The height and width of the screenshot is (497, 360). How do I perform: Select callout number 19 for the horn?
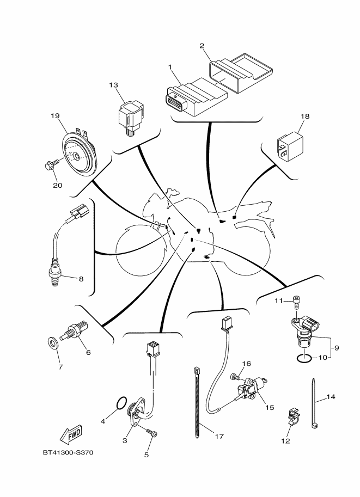tap(54, 115)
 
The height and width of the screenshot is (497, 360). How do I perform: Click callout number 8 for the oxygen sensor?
tap(81, 279)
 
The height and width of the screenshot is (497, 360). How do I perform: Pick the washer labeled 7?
tap(52, 343)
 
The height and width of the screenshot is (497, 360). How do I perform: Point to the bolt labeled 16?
tap(235, 376)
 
